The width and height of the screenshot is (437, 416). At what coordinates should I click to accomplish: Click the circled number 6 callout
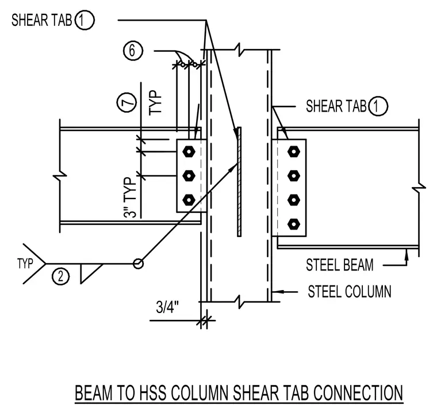point(133,51)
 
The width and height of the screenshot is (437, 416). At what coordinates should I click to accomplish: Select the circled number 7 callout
point(126,102)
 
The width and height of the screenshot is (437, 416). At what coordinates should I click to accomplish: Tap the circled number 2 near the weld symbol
point(60,276)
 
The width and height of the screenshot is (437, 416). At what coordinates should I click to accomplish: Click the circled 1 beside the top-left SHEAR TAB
point(85,20)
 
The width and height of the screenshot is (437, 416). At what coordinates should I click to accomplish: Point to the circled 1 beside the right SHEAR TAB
point(378,106)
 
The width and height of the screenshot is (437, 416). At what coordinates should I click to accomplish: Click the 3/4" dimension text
point(167,307)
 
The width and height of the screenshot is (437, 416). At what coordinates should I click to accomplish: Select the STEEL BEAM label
point(339,265)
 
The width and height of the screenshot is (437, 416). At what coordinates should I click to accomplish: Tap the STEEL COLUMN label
point(350,292)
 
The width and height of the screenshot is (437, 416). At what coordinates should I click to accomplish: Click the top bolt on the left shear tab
point(189,152)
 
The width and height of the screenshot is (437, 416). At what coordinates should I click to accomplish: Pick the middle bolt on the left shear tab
point(189,176)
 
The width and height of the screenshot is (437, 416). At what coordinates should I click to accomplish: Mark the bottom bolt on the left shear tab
point(189,200)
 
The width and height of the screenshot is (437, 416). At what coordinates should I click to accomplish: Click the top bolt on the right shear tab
point(293,152)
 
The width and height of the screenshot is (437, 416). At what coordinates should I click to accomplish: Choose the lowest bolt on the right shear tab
point(293,224)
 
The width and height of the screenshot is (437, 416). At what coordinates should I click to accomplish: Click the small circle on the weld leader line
point(138,264)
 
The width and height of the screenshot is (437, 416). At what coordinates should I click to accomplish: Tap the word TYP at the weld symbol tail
point(25,264)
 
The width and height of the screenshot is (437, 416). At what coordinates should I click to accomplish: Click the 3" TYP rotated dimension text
point(130,197)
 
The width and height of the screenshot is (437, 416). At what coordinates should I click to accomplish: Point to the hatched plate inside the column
point(239,182)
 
